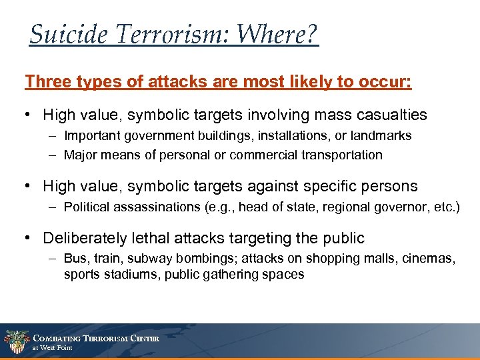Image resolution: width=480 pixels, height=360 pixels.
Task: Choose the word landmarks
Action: pyautogui.click(x=382, y=136)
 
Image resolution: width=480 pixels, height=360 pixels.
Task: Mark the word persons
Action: pyautogui.click(x=389, y=186)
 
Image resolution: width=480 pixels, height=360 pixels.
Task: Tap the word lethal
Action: pyautogui.click(x=153, y=238)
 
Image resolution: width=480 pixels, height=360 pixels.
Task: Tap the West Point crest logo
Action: pyautogui.click(x=15, y=341)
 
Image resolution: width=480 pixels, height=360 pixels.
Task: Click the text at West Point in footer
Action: pyautogui.click(x=53, y=348)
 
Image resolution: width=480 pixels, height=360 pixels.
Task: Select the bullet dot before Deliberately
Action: pyautogui.click(x=29, y=238)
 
